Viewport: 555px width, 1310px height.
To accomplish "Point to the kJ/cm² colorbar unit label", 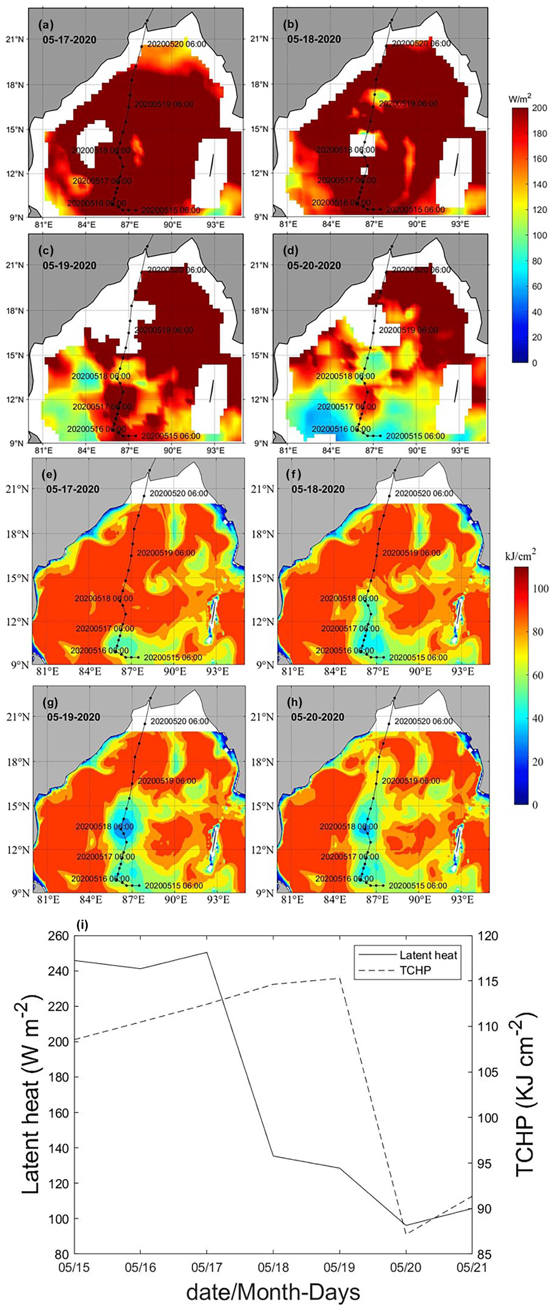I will [520, 556].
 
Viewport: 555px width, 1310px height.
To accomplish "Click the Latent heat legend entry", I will [428, 955].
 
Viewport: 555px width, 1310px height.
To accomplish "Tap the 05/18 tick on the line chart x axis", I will [274, 1267].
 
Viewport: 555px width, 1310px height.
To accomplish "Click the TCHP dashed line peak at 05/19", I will [339, 978].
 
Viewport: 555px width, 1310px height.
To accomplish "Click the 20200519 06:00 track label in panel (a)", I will [163, 104].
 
